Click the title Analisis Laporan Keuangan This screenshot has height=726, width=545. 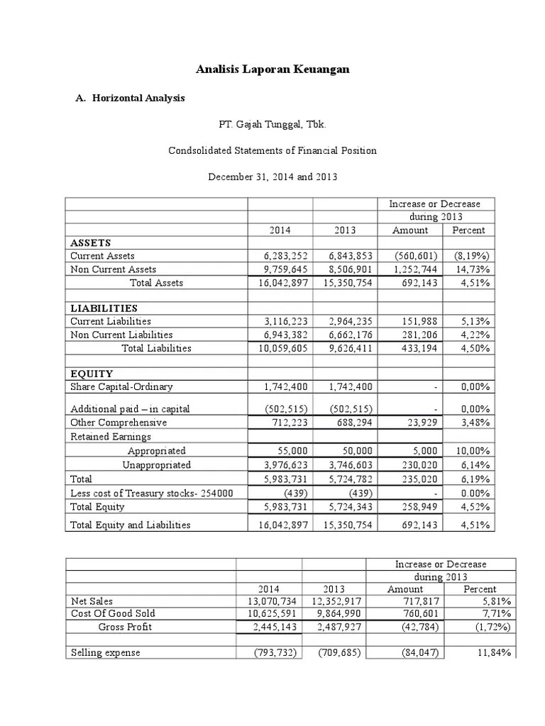click(x=272, y=70)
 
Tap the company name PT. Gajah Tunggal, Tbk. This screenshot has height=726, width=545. click(x=272, y=125)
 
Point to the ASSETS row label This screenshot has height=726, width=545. click(x=91, y=242)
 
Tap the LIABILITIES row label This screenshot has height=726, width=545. click(x=104, y=308)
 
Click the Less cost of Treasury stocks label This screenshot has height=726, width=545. click(x=152, y=493)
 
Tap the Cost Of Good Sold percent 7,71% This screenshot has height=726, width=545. click(x=497, y=614)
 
